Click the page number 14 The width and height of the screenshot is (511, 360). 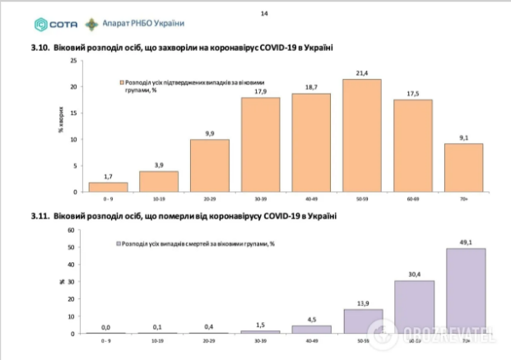pos(264,13)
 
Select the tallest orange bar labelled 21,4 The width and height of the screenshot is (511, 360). pos(362,136)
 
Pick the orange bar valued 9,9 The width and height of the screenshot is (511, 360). pos(210,165)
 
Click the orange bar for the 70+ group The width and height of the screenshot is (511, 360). pos(464,168)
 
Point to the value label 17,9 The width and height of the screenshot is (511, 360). pos(261,91)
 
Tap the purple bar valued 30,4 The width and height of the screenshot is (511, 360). pos(414,307)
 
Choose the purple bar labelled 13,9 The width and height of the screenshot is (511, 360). pos(363,321)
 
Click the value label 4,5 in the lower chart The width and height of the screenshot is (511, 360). pos(312,319)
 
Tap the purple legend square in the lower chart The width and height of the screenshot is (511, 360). pos(118,244)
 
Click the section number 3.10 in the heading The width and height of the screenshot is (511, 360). pos(39,48)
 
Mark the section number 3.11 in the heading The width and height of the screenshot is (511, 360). pos(39,215)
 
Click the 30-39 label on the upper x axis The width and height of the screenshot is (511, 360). pos(260,198)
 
